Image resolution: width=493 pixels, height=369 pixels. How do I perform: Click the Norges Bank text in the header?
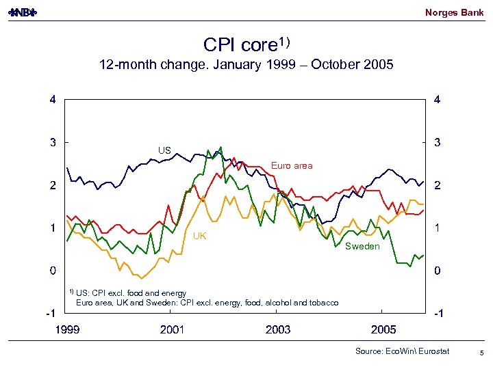454,12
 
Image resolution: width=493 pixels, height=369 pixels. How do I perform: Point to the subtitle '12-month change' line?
246,66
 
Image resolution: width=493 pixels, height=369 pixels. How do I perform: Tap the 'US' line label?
164,150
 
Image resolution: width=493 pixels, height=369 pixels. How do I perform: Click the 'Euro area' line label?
291,165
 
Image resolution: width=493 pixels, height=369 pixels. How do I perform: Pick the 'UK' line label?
199,236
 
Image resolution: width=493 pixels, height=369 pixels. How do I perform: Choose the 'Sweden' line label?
362,246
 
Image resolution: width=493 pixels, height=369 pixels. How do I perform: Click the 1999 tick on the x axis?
67,330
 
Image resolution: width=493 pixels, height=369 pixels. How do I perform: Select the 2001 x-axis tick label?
172,330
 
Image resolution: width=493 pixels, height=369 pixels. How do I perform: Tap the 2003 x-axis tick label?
277,330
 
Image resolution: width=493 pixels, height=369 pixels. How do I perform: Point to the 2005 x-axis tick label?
383,330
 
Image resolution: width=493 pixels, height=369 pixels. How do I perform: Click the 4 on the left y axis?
53,100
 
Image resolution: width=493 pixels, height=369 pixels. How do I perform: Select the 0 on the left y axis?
53,271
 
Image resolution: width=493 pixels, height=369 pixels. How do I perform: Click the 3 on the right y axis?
438,142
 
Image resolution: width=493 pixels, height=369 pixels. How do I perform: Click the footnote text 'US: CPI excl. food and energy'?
131,293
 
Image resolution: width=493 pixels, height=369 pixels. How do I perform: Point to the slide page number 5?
482,353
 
